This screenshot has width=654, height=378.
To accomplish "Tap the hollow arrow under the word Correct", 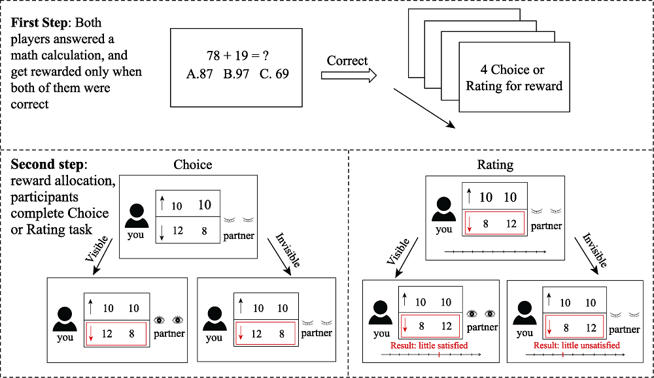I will pyautogui.click(x=349, y=76).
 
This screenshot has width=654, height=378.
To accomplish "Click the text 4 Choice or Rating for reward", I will pyautogui.click(x=514, y=78).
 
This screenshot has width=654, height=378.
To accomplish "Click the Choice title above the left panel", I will pyautogui.click(x=192, y=165).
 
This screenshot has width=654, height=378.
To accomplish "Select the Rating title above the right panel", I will pyautogui.click(x=495, y=165).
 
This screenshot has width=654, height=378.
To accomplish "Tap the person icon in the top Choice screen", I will pyautogui.click(x=136, y=215).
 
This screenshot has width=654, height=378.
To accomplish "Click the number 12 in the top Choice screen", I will pyautogui.click(x=177, y=231).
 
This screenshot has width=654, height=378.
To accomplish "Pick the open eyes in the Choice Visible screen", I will pyautogui.click(x=169, y=320).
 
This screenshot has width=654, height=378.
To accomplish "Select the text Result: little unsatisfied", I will pyautogui.click(x=577, y=345).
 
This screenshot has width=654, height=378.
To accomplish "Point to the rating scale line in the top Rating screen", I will pyautogui.click(x=495, y=251).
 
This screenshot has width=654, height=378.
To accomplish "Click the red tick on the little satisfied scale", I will pyautogui.click(x=438, y=354).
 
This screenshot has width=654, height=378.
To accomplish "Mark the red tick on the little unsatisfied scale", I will pyautogui.click(x=562, y=355).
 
